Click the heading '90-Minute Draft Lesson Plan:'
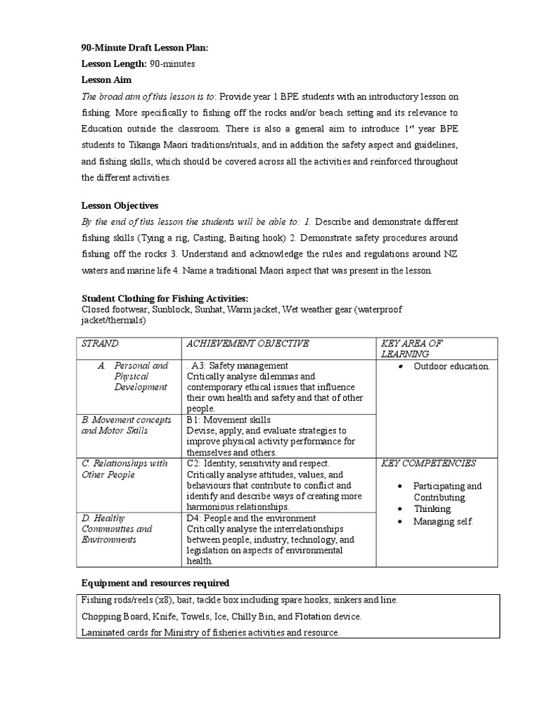point(146,48)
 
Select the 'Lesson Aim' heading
point(106,80)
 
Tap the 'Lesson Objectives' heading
point(120,205)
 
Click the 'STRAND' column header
point(101,343)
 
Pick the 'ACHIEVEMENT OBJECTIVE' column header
point(247,343)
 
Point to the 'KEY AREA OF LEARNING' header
point(411,349)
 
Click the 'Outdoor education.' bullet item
point(451,366)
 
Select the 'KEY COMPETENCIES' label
point(428,463)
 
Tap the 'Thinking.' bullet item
point(432,508)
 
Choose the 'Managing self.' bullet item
point(443,521)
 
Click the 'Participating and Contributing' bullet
point(447,491)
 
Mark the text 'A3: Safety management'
point(239,366)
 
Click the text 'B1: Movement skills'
point(229,420)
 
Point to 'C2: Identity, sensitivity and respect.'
point(258,463)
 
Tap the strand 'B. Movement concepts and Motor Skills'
point(127,425)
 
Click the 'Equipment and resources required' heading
point(155,583)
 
